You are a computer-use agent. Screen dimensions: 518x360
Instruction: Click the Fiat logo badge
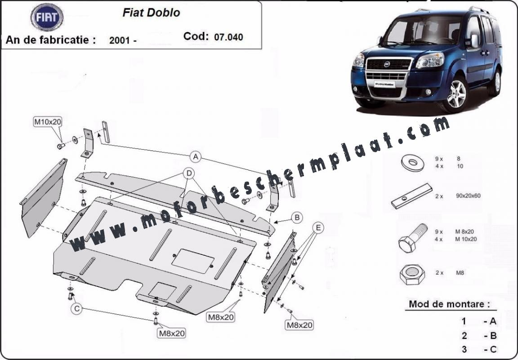[x=47, y=18]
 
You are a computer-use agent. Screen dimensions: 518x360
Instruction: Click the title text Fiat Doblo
[x=151, y=13]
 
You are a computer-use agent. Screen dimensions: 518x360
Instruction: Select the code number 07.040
[x=228, y=37]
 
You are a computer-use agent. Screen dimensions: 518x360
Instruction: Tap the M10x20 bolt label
[x=48, y=122]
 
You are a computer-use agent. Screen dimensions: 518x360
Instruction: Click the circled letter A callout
[x=196, y=156]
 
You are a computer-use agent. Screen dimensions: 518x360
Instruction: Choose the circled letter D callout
[x=189, y=173]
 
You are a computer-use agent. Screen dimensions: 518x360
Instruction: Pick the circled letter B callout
[x=297, y=218]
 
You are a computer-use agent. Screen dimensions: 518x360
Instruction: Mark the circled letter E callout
[x=318, y=227]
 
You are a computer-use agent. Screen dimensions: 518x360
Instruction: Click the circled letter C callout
[x=76, y=309]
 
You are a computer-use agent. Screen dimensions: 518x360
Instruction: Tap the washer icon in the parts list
[x=413, y=163]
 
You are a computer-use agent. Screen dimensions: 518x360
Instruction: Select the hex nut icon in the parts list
[x=412, y=275]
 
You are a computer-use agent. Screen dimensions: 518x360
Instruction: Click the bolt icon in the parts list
[x=413, y=238]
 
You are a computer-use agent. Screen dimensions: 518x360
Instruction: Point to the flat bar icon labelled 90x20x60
[x=411, y=196]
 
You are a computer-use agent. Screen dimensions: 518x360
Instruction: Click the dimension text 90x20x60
[x=468, y=196]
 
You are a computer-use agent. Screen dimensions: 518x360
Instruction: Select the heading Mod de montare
[x=449, y=304]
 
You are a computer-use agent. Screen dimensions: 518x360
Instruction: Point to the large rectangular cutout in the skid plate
[x=192, y=261]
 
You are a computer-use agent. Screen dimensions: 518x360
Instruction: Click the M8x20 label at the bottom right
[x=299, y=325]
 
